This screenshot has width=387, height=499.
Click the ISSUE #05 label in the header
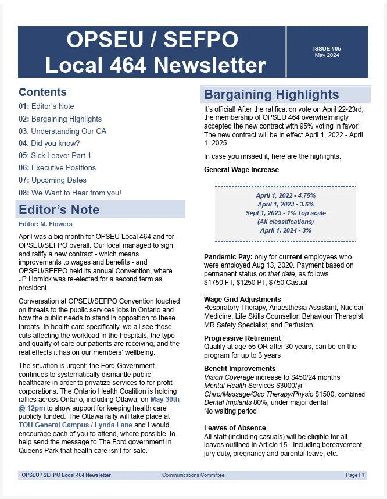click(x=326, y=49)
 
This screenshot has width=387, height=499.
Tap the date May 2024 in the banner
click(x=326, y=55)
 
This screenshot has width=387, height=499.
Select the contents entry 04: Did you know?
click(x=49, y=143)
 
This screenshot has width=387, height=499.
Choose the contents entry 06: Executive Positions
click(x=57, y=167)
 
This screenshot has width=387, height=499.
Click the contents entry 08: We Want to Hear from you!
click(x=70, y=193)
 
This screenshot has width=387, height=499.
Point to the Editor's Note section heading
click(x=59, y=209)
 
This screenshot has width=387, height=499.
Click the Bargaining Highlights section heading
click(x=271, y=95)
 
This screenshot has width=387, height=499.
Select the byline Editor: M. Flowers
click(x=45, y=224)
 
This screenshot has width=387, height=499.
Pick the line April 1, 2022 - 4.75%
click(x=285, y=195)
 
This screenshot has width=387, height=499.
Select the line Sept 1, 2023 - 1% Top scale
click(x=285, y=213)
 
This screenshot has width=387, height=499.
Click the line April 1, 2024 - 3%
click(x=285, y=230)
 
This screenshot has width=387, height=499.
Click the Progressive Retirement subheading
click(x=242, y=338)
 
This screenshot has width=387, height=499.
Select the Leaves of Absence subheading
click(x=235, y=428)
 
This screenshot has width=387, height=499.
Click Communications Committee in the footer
click(x=193, y=475)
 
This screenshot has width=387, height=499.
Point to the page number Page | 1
click(x=355, y=475)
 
